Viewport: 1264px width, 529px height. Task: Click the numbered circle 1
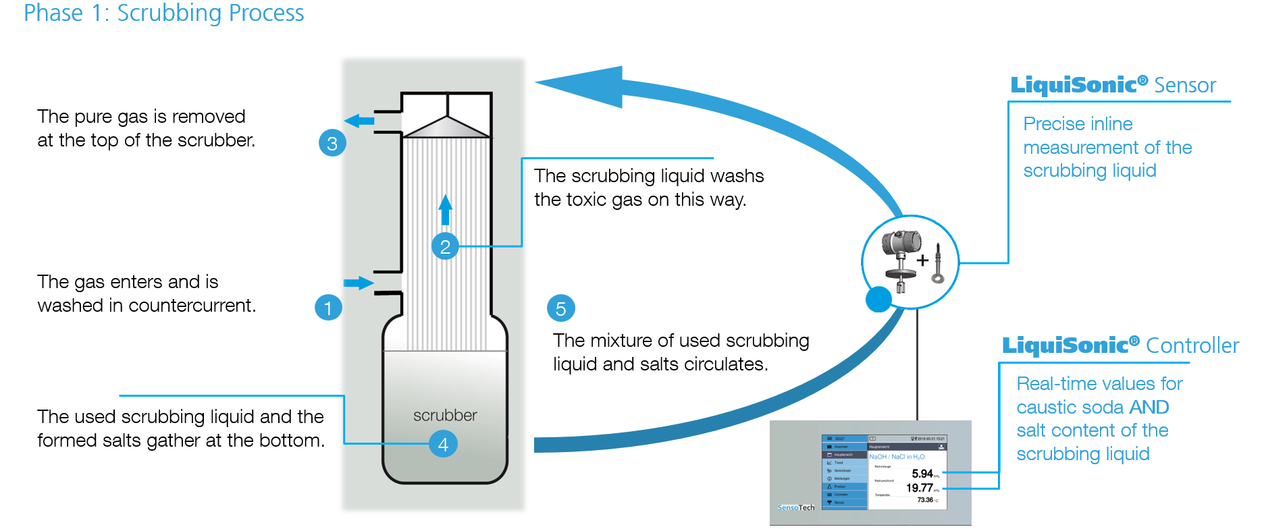[x=328, y=308]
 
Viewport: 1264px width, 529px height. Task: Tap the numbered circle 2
[x=445, y=247]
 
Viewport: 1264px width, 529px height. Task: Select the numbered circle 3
[x=332, y=143]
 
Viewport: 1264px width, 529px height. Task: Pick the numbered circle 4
[x=443, y=444]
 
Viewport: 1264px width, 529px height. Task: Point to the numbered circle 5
[x=560, y=308]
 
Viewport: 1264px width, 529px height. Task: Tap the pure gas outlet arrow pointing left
[x=359, y=121]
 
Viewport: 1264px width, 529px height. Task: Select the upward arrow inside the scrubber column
[x=445, y=210]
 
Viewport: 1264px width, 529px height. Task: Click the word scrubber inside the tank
[x=445, y=415]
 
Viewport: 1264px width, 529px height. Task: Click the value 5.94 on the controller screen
[x=922, y=474]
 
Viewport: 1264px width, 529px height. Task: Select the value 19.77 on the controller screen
[x=920, y=488]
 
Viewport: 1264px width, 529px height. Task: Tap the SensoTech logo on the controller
[x=796, y=507]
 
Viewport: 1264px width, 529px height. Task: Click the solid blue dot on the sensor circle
[x=878, y=299]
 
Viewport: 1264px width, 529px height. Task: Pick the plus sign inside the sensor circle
[x=922, y=260]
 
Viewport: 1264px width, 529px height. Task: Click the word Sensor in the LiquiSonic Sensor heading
[x=1185, y=85]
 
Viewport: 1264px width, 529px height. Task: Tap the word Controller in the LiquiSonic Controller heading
[x=1192, y=345]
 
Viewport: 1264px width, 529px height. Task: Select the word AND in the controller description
[x=1149, y=407]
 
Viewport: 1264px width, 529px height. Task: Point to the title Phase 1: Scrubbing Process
[x=164, y=13]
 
